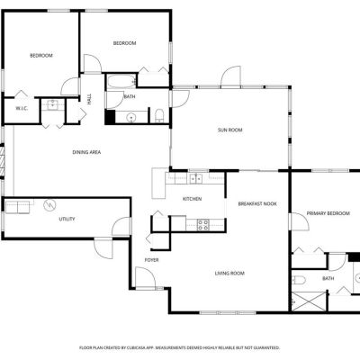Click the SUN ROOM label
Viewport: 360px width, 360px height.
click(x=229, y=130)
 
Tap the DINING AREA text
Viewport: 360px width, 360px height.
click(x=86, y=152)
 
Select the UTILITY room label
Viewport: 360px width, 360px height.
click(x=67, y=219)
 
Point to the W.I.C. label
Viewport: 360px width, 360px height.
click(x=22, y=108)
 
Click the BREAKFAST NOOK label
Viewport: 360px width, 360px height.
click(x=257, y=204)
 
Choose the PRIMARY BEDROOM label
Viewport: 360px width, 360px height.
click(x=328, y=213)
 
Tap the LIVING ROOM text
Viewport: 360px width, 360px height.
click(x=229, y=274)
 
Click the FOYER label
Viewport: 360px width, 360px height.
click(x=151, y=260)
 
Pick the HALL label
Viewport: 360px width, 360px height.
click(x=89, y=99)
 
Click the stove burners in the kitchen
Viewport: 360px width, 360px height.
click(x=203, y=225)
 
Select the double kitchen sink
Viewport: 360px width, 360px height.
click(x=195, y=178)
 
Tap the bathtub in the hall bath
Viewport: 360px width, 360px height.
click(x=121, y=81)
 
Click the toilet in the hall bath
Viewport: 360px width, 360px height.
click(x=159, y=115)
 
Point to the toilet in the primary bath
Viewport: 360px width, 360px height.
click(x=299, y=280)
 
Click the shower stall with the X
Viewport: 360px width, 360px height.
click(x=309, y=301)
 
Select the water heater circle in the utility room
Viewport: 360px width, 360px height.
click(x=49, y=205)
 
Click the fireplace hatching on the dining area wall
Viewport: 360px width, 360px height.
click(x=3, y=161)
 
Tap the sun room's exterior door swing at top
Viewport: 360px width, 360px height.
click(x=230, y=76)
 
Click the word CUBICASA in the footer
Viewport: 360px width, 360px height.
click(x=134, y=347)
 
